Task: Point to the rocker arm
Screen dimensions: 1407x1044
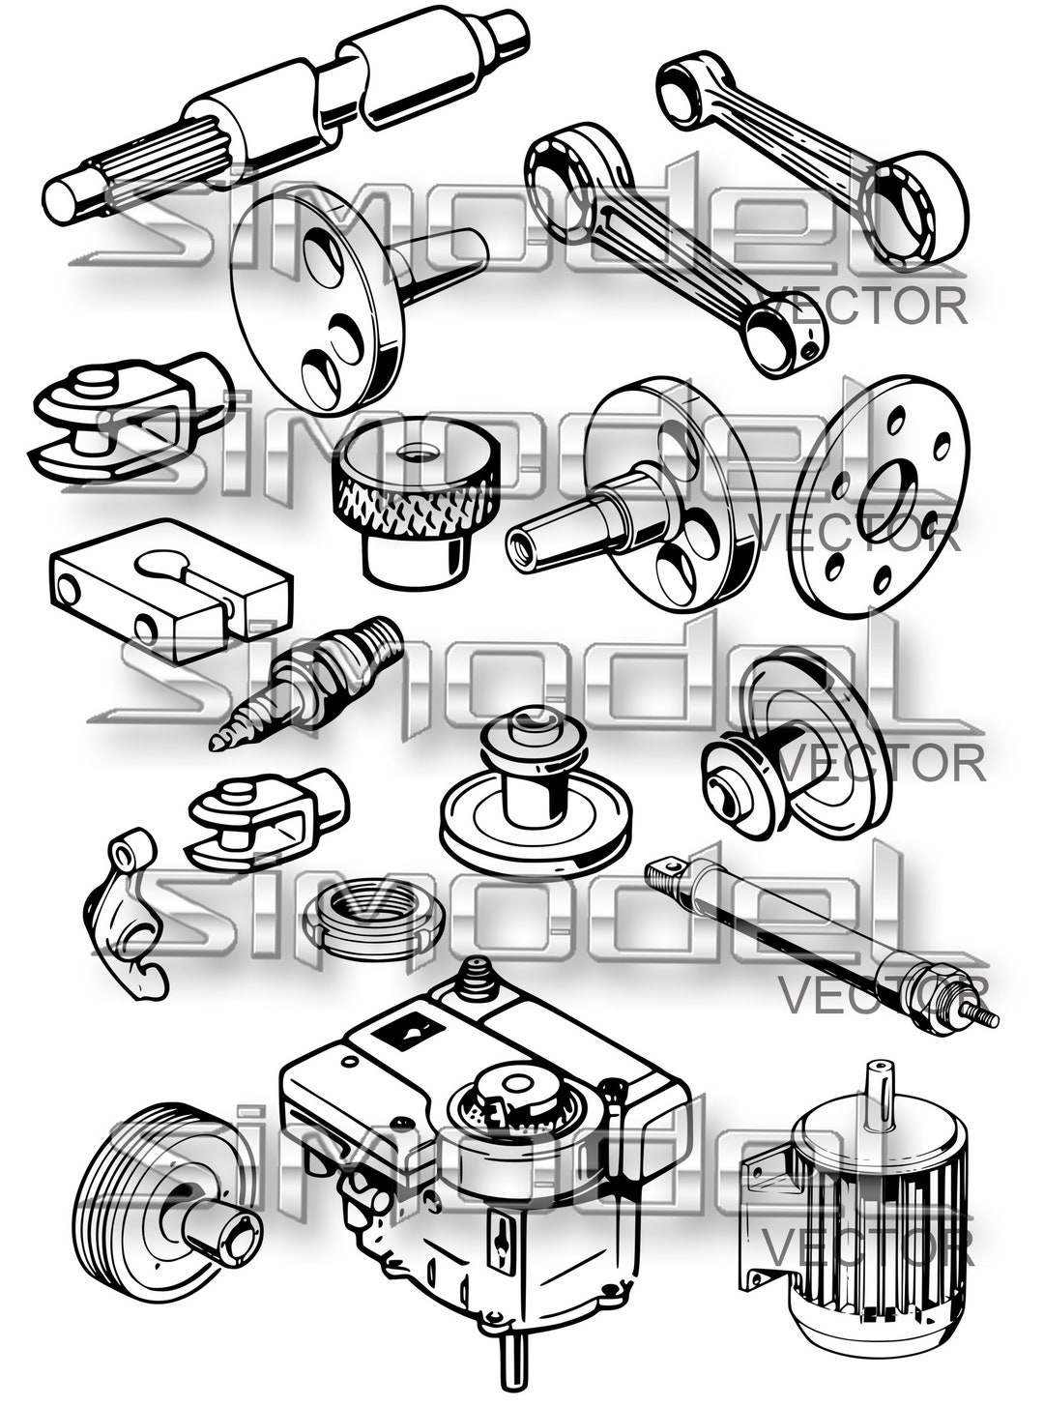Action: click(130, 919)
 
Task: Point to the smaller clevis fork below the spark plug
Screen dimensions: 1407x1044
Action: click(266, 817)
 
